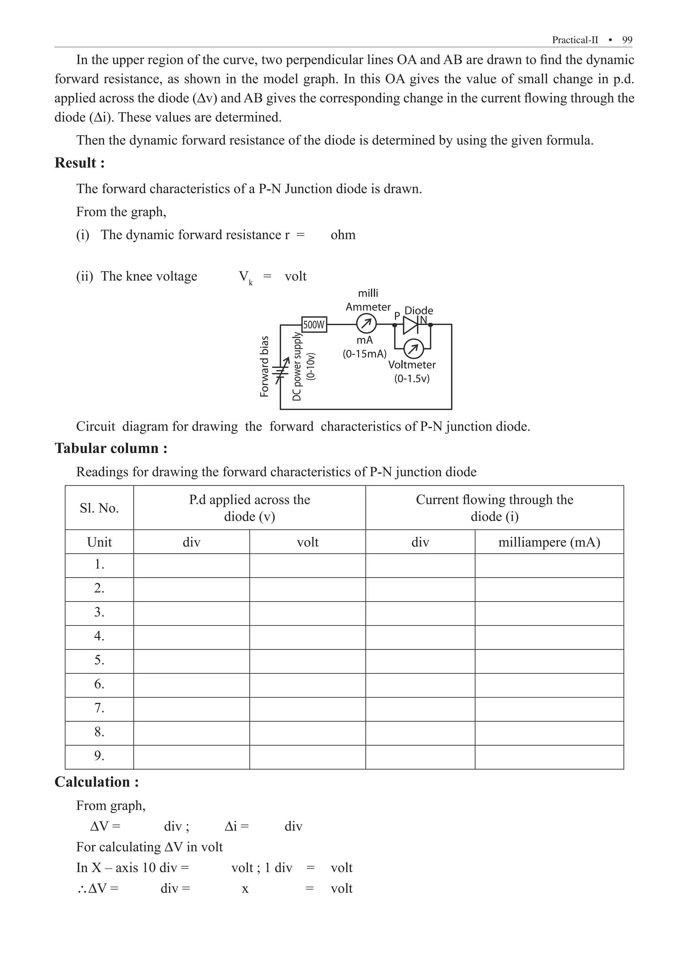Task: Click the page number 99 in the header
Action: [627, 40]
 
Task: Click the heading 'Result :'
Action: [80, 163]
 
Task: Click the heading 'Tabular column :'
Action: [111, 448]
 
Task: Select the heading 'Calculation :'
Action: [97, 782]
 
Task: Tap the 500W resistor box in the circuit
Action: [314, 325]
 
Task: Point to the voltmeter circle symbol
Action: [413, 349]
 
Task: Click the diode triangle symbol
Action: [410, 325]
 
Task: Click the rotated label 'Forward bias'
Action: [265, 367]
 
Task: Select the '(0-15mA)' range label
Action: [365, 354]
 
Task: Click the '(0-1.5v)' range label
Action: [412, 378]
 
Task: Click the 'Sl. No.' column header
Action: [99, 508]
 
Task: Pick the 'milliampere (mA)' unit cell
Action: [549, 542]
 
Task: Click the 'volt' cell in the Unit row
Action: [307, 542]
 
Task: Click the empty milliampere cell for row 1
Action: [549, 566]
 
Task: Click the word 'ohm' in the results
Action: [343, 235]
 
